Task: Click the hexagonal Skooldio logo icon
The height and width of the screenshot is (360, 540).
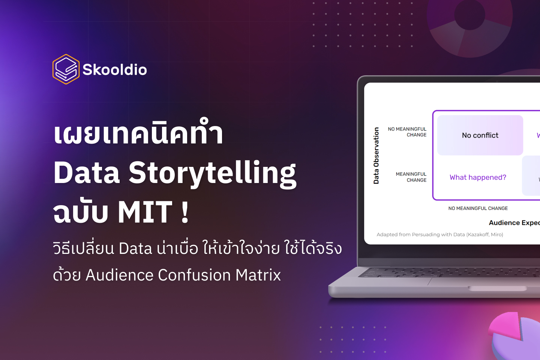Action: [x=66, y=69]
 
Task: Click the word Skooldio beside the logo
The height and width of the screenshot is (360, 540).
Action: [x=115, y=70]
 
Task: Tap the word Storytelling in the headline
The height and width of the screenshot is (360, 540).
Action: [x=213, y=173]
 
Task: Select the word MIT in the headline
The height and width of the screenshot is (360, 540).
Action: [x=145, y=212]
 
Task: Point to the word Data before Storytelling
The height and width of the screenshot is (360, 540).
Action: [x=87, y=173]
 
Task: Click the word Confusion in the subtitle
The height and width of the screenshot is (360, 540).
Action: [x=194, y=275]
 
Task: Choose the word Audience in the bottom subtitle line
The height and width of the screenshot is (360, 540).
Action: [x=119, y=275]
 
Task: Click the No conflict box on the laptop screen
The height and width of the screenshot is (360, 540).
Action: [x=480, y=135]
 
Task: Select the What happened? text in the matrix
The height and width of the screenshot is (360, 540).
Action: [x=478, y=177]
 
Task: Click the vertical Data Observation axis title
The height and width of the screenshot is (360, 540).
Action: [x=376, y=156]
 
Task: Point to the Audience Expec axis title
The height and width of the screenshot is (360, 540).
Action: [x=514, y=223]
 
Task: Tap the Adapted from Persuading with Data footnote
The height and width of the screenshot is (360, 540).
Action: [x=440, y=235]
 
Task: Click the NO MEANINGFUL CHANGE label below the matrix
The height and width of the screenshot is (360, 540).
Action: [x=478, y=208]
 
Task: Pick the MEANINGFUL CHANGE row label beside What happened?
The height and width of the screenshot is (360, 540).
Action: [x=411, y=177]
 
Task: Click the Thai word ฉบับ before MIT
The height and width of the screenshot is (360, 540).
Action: [x=81, y=212]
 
